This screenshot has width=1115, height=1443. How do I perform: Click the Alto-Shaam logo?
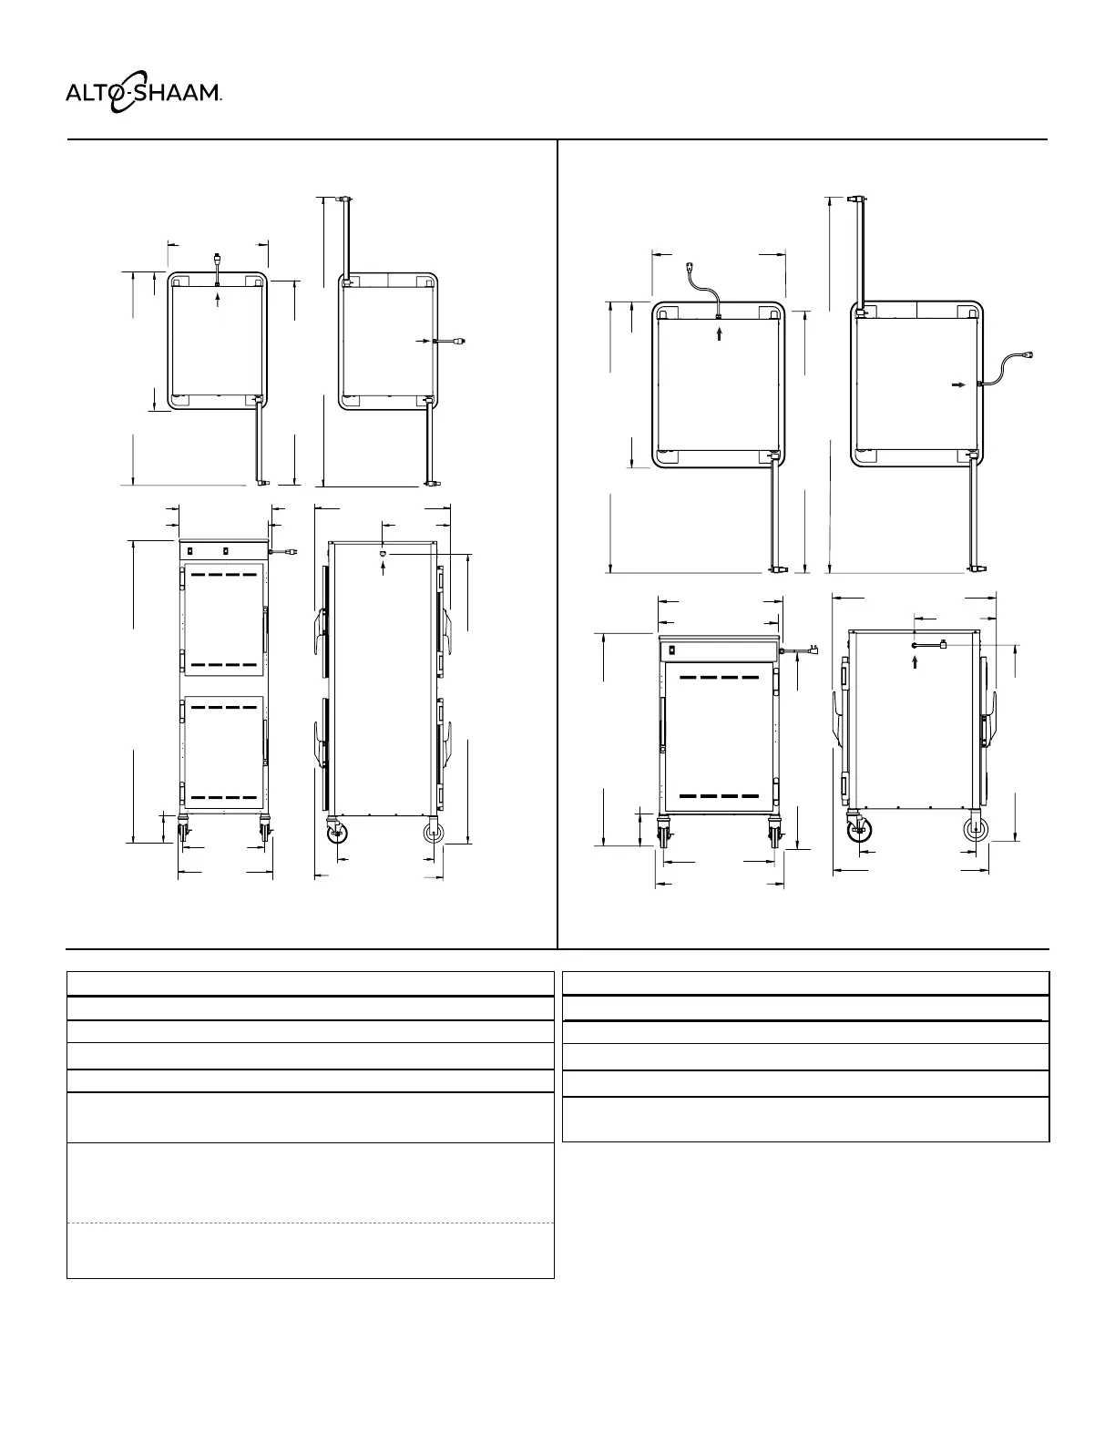[x=143, y=92]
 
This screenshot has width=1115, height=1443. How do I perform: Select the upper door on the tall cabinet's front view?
[x=224, y=620]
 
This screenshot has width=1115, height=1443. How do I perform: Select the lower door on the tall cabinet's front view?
[x=224, y=752]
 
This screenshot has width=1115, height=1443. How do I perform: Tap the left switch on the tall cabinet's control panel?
[x=189, y=550]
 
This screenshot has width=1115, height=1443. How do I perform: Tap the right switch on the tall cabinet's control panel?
[x=226, y=550]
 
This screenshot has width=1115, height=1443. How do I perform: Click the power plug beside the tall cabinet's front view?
[x=291, y=552]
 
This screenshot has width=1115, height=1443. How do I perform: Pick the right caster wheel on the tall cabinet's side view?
[x=434, y=833]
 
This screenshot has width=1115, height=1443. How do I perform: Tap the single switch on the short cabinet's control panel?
[x=672, y=650]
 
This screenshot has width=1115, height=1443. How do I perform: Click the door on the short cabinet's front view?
[x=720, y=737]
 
